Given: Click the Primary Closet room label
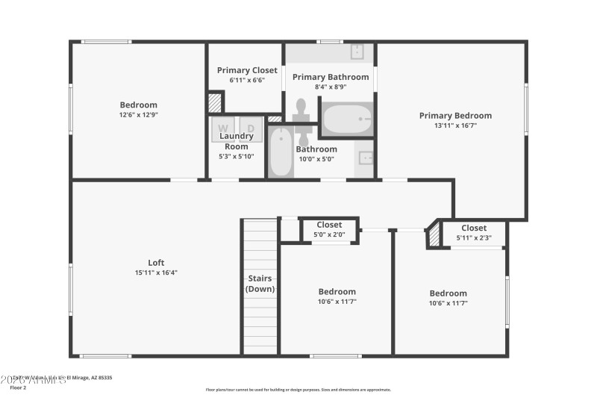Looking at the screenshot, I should tap(247, 70).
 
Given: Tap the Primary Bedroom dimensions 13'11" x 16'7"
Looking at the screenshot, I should tap(455, 126).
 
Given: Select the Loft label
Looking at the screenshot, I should tap(156, 262).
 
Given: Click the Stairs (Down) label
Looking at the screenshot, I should tap(260, 284).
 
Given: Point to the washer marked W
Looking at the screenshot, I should tap(222, 128).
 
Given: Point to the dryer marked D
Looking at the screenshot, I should tap(251, 128).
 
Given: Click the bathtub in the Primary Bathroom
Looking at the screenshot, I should tap(347, 119).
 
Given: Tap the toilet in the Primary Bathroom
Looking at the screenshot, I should tap(301, 111).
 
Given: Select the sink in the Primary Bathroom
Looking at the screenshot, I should tap(357, 51).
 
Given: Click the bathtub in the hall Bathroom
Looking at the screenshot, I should tap(281, 153).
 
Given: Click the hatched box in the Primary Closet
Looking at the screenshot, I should tap(215, 102).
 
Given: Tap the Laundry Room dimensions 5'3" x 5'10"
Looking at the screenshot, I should tap(237, 156).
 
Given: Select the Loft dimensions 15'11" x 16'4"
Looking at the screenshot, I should tap(156, 273).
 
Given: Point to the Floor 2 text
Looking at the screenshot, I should tap(19, 388).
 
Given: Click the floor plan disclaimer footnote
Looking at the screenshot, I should tap(298, 389).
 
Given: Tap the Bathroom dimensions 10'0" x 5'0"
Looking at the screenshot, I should tap(316, 159).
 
